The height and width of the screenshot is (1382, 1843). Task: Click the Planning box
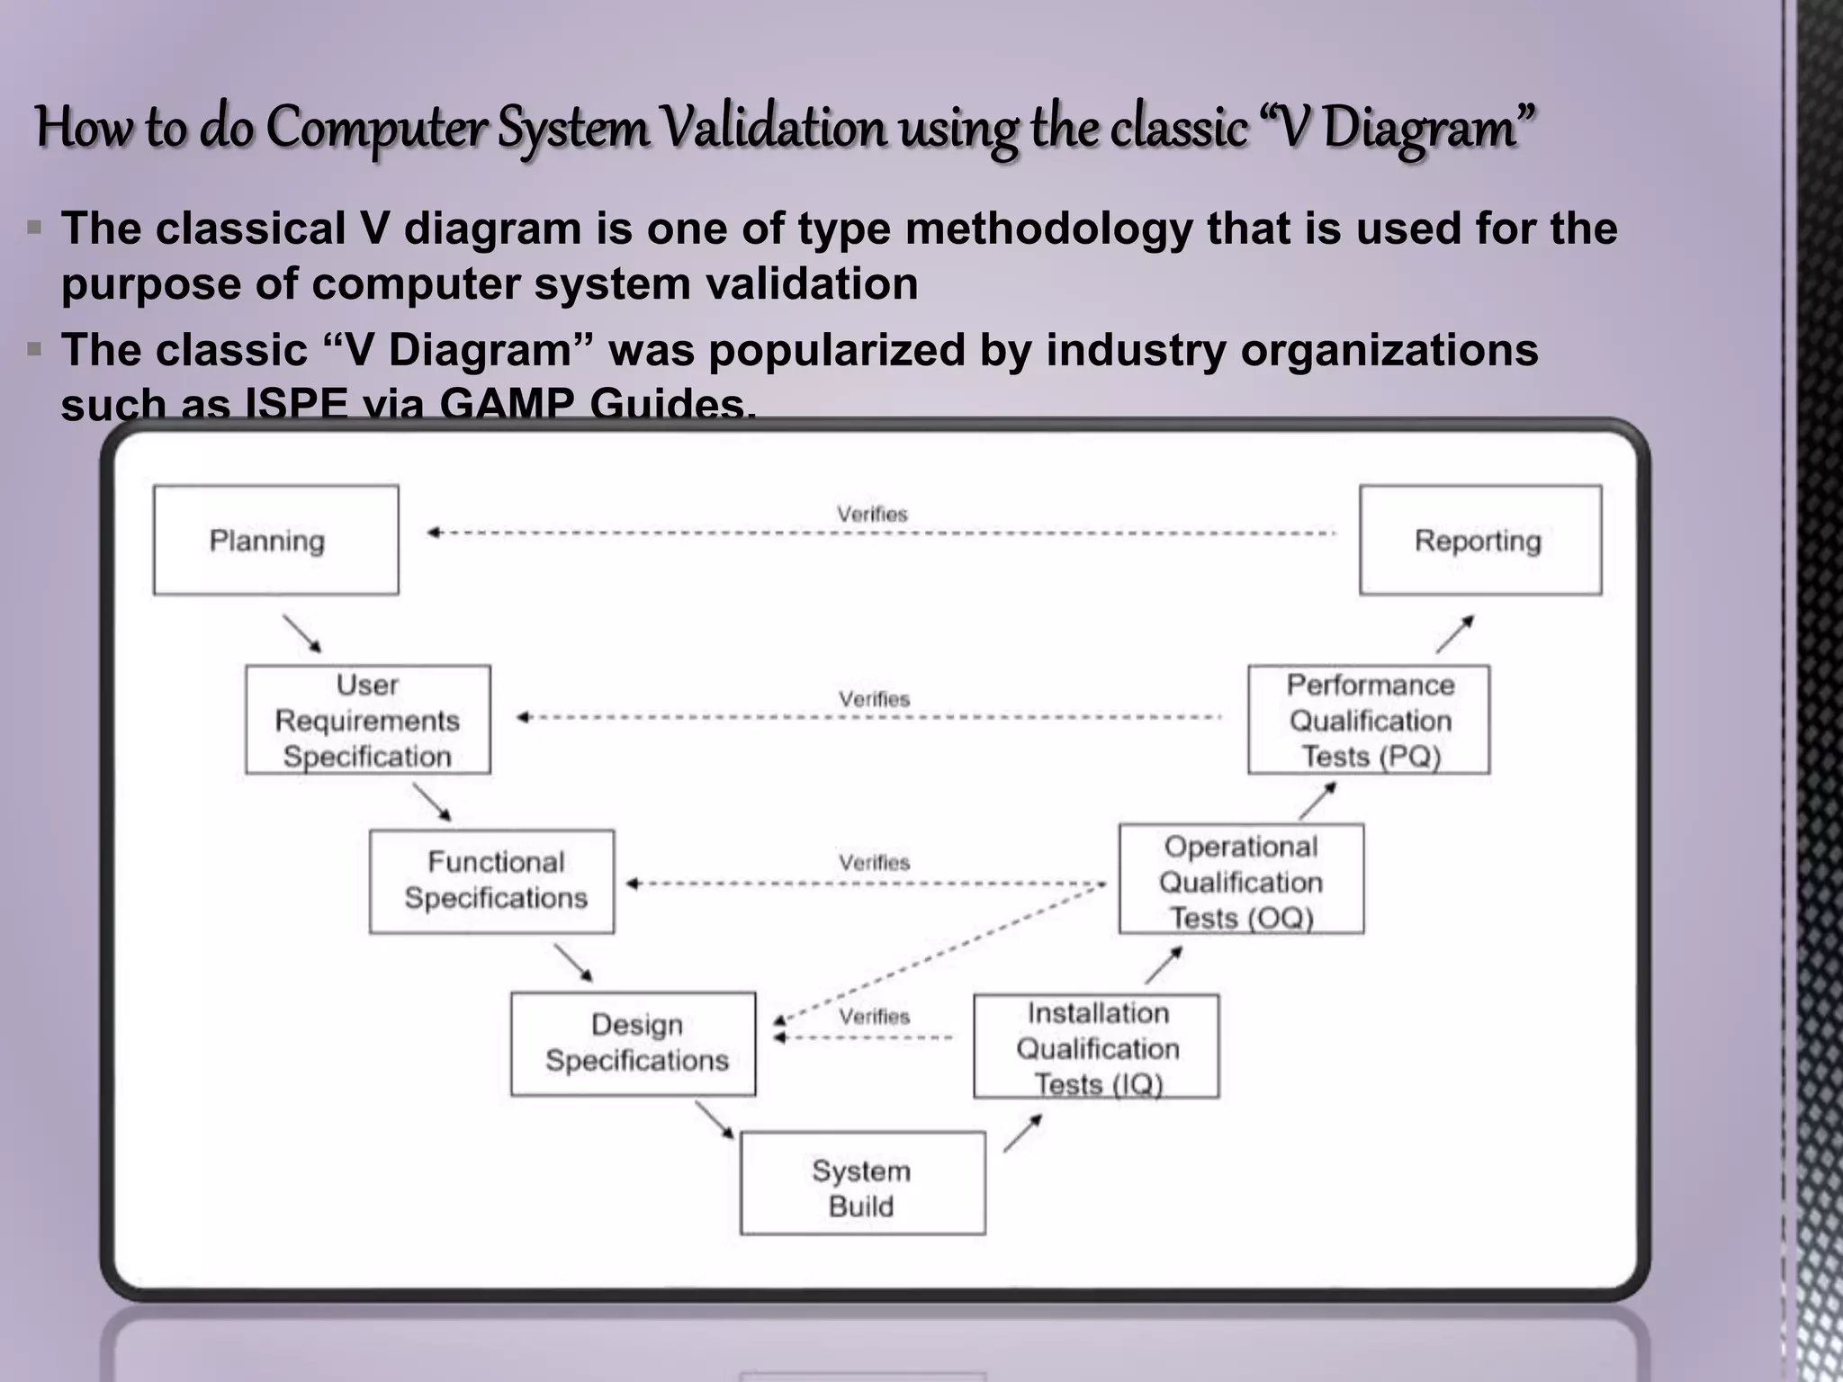[275, 540]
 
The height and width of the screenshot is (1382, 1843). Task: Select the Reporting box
[1479, 540]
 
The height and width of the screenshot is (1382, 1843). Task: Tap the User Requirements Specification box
[367, 720]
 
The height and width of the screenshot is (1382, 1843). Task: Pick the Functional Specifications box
[491, 881]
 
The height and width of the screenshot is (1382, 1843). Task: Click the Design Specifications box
[633, 1044]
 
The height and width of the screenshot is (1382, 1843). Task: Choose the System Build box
[862, 1183]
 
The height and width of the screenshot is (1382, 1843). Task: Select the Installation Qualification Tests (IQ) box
[1096, 1046]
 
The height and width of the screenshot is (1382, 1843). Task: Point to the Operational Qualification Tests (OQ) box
[1241, 879]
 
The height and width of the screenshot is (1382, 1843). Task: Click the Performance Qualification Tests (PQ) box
[1368, 720]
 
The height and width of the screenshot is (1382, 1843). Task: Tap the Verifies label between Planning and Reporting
[872, 514]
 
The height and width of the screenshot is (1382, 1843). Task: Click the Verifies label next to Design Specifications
[874, 1017]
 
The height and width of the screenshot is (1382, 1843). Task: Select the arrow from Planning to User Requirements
[301, 633]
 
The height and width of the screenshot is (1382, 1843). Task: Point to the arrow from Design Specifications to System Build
[715, 1120]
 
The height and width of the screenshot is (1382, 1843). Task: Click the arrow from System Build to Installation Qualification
[1022, 1133]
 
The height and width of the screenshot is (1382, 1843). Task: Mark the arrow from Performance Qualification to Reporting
[1454, 633]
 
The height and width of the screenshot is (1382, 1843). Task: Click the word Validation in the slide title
[773, 128]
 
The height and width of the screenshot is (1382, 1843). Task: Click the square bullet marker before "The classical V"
[35, 228]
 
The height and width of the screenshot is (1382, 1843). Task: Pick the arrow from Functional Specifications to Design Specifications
[573, 963]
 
